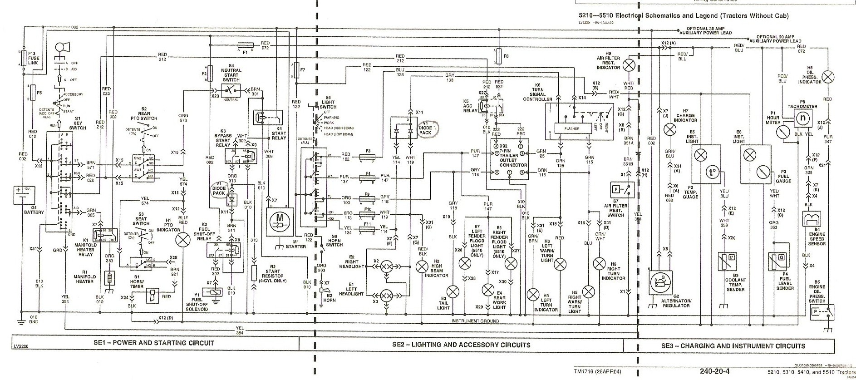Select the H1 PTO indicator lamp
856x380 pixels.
[184, 240]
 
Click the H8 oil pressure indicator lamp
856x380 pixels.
[828, 77]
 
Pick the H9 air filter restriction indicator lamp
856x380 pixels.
[629, 64]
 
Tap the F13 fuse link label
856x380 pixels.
[34, 59]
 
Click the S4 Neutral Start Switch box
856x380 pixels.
[231, 89]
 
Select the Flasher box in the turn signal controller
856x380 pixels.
[572, 128]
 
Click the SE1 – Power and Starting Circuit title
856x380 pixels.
[154, 343]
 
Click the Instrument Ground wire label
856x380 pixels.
[475, 321]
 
